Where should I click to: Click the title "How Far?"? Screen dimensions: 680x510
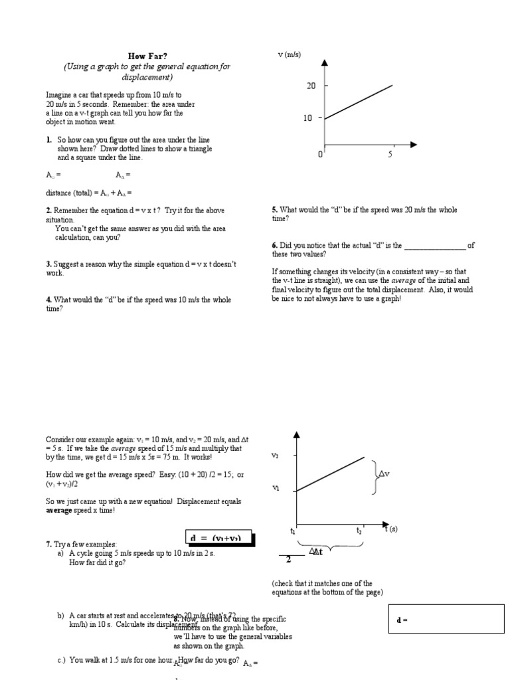point(147,56)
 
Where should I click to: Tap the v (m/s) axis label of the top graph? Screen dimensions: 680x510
point(289,54)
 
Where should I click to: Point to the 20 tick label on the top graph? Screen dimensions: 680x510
point(311,86)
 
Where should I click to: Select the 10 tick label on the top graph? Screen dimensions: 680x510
point(308,118)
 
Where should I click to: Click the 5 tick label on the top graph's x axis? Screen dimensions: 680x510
point(390,155)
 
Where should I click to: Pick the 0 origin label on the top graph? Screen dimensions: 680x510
point(320,155)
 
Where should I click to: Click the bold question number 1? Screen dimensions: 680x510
point(48,140)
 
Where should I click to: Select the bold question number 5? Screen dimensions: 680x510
point(274,210)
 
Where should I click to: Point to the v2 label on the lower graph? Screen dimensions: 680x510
point(275,456)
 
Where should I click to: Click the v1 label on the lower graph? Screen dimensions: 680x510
point(275,488)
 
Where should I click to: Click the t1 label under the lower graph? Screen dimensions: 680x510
point(292,531)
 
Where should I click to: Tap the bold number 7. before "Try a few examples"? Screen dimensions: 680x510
point(48,544)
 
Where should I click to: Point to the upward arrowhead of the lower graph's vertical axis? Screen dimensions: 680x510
point(297,435)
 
